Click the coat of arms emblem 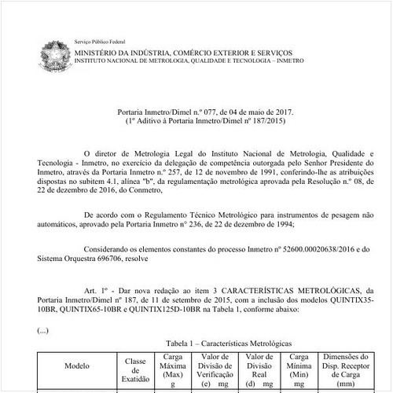pos(54,53)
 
